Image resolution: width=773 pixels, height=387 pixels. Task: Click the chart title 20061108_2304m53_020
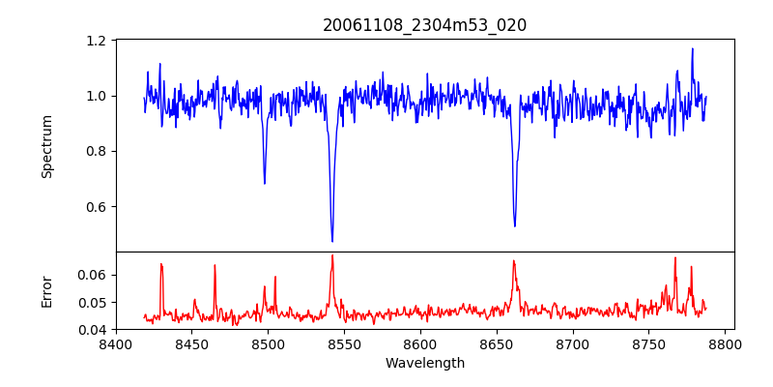click(x=424, y=25)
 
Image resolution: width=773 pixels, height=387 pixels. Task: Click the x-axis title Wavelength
click(x=424, y=364)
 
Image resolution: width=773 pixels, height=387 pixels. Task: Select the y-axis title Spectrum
click(x=47, y=146)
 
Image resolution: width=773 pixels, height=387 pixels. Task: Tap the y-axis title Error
click(x=47, y=291)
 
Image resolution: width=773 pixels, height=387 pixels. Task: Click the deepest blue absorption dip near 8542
click(x=332, y=241)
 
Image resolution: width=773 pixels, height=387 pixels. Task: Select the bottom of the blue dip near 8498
click(x=265, y=183)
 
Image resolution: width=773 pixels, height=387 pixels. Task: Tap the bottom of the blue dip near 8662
click(x=515, y=226)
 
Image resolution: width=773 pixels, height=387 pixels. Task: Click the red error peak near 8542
click(x=332, y=255)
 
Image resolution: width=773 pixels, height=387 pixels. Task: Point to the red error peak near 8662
click(x=514, y=261)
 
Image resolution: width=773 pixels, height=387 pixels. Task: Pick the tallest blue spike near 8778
click(x=693, y=48)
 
